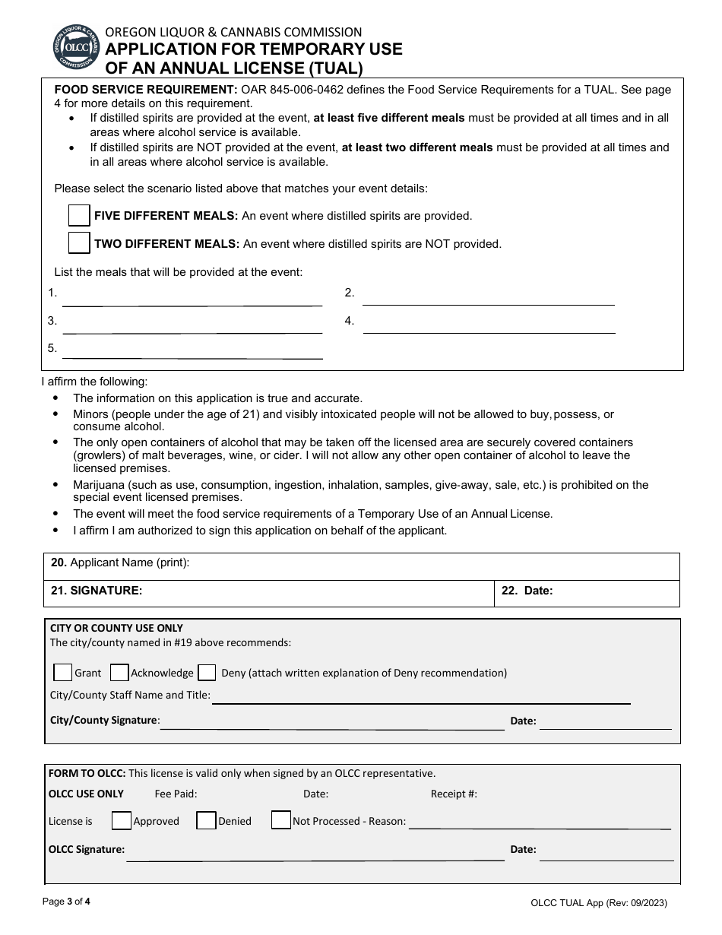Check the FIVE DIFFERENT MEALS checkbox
point(79,215)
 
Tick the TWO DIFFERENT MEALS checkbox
point(79,243)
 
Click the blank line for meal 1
point(192,298)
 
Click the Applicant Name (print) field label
point(120,563)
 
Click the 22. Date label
point(527,590)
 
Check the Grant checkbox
point(63,672)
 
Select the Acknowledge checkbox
point(119,672)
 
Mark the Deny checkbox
point(207,672)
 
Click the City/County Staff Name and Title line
point(421,697)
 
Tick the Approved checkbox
point(121,820)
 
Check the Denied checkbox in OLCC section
point(206,820)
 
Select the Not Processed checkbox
point(281,820)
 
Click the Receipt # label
point(454,794)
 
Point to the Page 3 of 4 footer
point(66,902)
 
